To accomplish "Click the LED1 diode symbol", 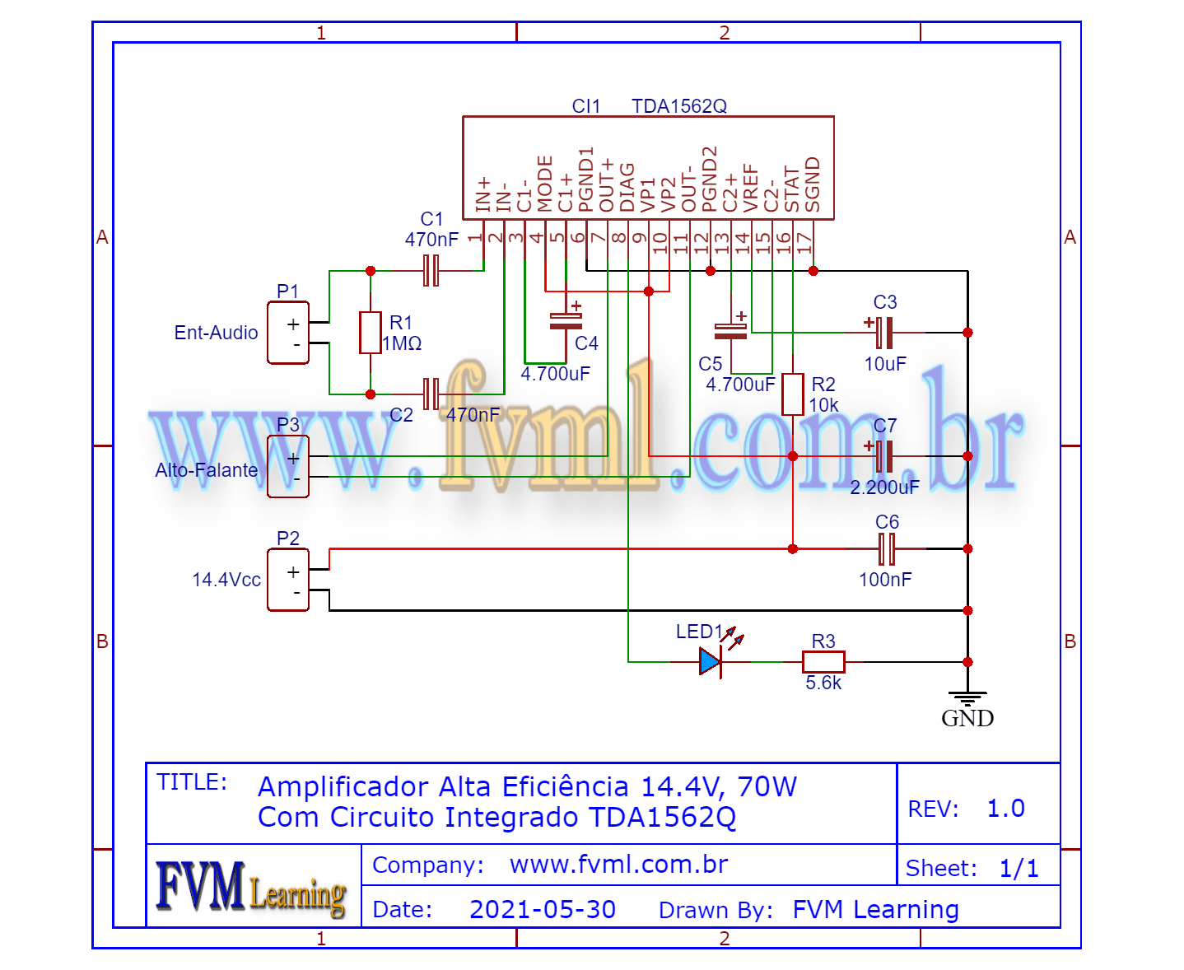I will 710,661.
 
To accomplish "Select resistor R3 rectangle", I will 823,661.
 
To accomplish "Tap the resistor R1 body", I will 371,333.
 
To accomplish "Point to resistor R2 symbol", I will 792,394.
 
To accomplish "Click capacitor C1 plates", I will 431,270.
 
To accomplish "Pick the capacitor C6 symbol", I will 887,548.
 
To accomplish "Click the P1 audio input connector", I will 288,333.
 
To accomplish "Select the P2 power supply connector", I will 288,581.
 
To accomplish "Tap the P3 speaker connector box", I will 288,467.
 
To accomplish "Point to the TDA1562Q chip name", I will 679,106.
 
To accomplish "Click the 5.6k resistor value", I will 823,683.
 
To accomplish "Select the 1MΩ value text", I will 403,343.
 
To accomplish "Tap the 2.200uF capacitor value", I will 884,487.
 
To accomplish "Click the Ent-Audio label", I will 216,333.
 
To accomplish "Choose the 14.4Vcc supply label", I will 226,580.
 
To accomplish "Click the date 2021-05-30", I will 543,910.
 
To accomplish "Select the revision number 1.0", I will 1005,809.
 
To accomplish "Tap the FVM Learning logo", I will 251,888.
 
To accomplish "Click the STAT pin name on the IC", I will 792,189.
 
